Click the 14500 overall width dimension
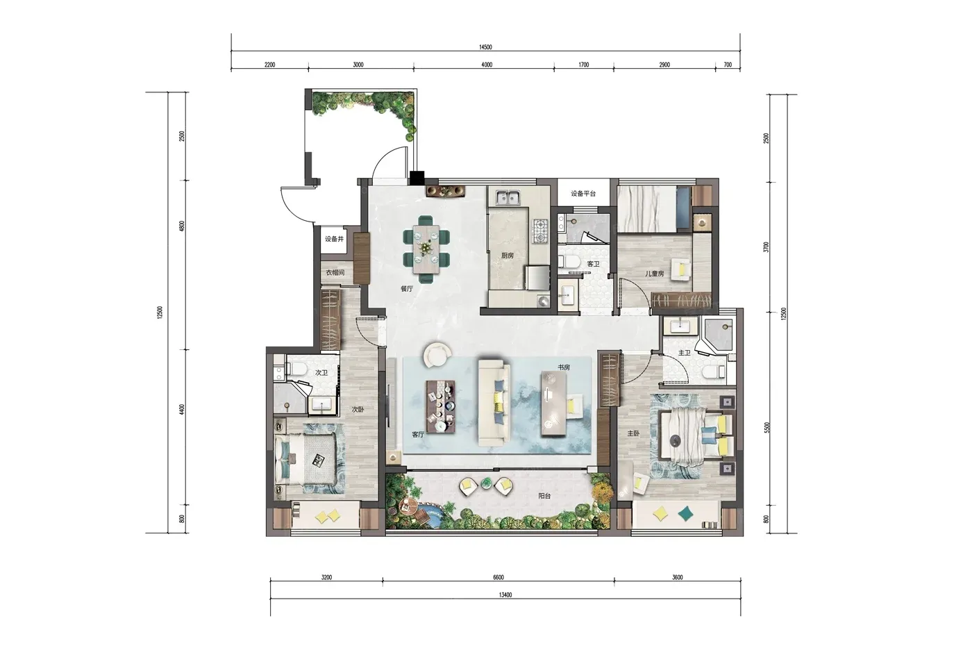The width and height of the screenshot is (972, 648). coord(485,47)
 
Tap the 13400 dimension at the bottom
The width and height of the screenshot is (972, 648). coord(505,595)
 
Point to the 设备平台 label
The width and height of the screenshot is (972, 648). coord(583,194)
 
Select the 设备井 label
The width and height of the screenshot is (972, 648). coord(334,239)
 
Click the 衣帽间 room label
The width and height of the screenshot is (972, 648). coord(335,272)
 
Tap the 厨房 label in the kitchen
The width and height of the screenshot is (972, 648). coord(508,256)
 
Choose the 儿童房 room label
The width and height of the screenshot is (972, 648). coord(654,274)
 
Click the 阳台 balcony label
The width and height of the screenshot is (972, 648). coord(544,496)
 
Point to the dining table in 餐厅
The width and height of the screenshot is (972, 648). coord(426,249)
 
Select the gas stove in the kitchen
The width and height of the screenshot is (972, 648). coord(540,231)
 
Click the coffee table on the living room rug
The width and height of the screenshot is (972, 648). coord(441,407)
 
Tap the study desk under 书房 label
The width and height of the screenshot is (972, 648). coord(554,404)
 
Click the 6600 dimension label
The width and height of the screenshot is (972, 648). coord(498,578)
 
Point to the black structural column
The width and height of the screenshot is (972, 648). coord(417,178)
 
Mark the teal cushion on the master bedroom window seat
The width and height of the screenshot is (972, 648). coord(686,514)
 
